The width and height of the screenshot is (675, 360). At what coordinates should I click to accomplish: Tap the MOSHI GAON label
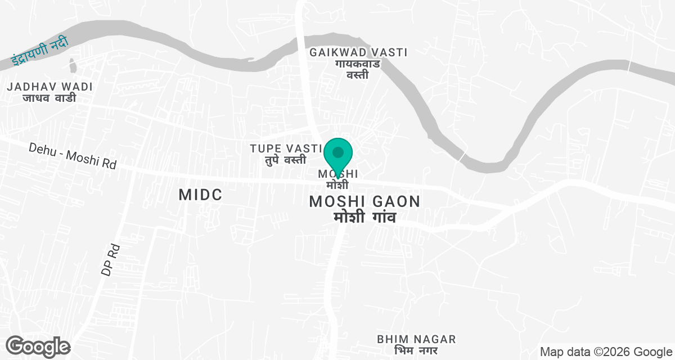click(x=364, y=201)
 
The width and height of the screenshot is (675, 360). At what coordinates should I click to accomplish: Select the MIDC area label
click(x=200, y=195)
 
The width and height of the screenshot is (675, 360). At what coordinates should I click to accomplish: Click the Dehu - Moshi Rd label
click(x=73, y=155)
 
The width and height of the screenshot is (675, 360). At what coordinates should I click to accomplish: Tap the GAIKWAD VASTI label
click(x=358, y=52)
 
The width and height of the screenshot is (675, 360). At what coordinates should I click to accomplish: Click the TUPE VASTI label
click(x=286, y=148)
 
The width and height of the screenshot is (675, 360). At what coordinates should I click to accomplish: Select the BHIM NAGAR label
click(x=416, y=339)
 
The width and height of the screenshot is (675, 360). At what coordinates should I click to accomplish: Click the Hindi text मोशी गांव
click(x=364, y=217)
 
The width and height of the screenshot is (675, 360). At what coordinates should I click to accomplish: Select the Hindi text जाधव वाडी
click(x=49, y=98)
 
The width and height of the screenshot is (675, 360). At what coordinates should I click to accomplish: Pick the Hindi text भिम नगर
click(x=416, y=350)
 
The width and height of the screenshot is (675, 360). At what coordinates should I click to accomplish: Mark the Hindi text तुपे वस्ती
click(x=286, y=160)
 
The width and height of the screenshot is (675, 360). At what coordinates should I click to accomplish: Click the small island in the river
click(x=72, y=67)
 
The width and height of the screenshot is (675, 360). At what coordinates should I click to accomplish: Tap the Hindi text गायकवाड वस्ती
click(x=358, y=69)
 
